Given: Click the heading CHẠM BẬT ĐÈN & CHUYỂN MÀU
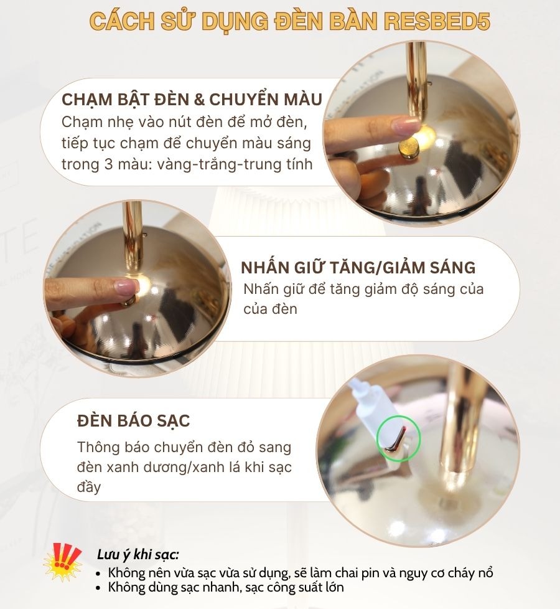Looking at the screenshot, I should coord(192,100).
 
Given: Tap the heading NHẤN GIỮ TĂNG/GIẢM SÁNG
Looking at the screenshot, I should coord(358,268).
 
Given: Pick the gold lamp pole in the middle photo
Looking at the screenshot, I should coord(133,237).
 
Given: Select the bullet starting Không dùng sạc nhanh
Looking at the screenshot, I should coord(225,587).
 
